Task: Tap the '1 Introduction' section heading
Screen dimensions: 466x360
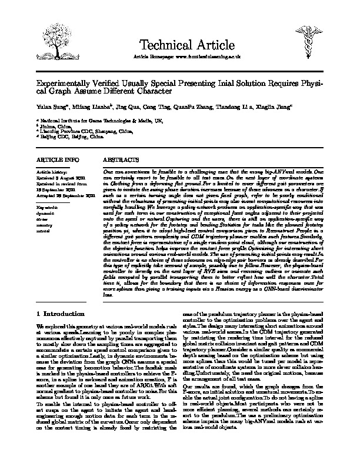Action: [x=64, y=312]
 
